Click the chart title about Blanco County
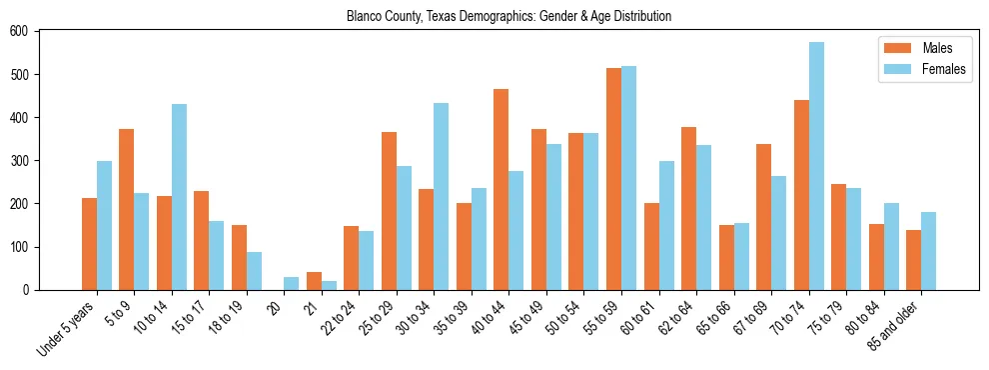coord(508,16)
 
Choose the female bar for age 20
coord(292,283)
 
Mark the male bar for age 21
coord(314,281)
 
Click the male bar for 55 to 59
coord(613,179)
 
